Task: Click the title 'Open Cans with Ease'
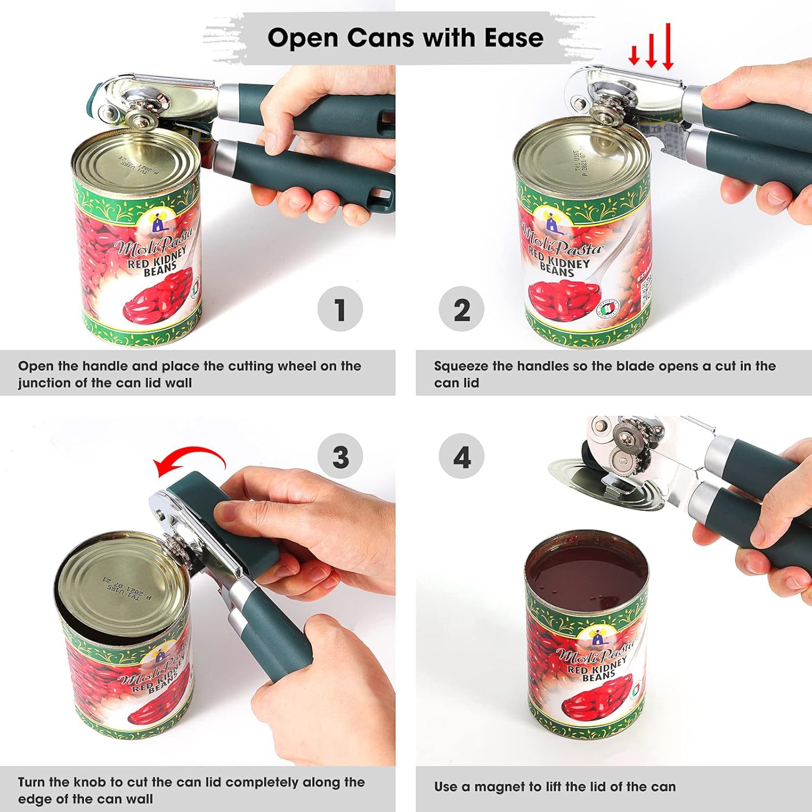pyautogui.click(x=405, y=38)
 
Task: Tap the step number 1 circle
pyautogui.click(x=340, y=309)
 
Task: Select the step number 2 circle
pyautogui.click(x=461, y=309)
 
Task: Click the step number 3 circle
pyautogui.click(x=340, y=456)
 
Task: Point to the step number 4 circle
pyautogui.click(x=461, y=456)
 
